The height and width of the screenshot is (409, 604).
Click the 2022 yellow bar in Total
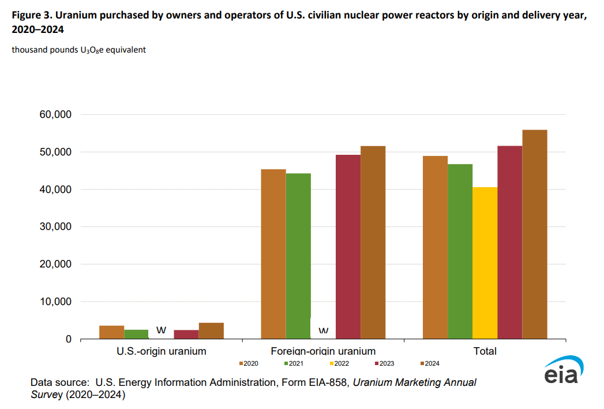click(485, 263)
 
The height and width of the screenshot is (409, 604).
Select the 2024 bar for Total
click(535, 234)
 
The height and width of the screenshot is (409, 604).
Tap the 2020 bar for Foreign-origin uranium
click(273, 254)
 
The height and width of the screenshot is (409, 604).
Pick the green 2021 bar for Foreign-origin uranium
click(298, 256)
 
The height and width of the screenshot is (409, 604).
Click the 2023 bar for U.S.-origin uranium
click(186, 334)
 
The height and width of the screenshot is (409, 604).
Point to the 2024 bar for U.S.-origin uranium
click(211, 331)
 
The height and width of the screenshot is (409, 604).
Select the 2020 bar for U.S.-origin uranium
click(111, 332)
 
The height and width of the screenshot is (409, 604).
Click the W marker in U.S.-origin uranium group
click(162, 330)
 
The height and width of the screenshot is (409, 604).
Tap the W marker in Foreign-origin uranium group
click(324, 331)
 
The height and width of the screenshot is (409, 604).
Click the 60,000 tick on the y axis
click(55, 115)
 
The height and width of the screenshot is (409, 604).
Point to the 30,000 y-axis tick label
click(55, 227)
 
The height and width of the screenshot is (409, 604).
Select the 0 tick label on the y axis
click(68, 340)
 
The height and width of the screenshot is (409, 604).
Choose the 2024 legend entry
click(430, 363)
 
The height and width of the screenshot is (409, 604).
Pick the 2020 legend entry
click(248, 363)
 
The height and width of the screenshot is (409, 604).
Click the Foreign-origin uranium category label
click(322, 351)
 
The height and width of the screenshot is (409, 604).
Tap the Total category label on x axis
click(485, 351)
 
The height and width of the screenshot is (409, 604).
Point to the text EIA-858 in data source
click(324, 382)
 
